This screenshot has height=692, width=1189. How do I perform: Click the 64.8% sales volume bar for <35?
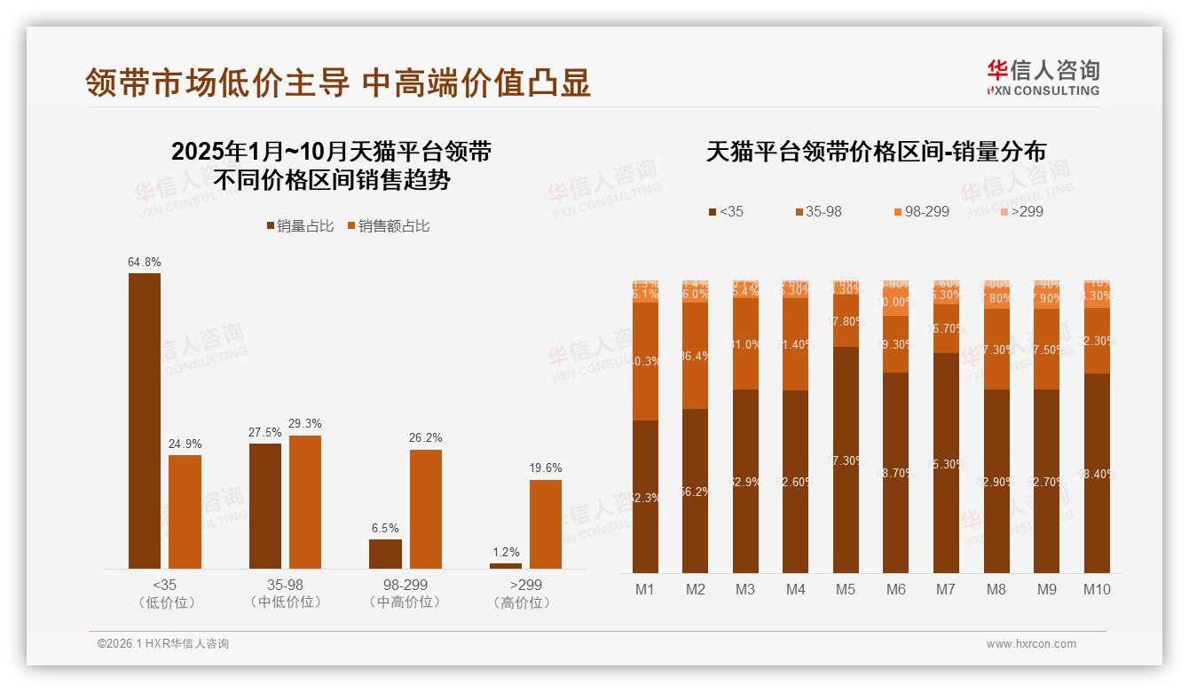tap(145, 421)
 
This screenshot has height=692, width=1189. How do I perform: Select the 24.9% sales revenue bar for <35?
tap(185, 512)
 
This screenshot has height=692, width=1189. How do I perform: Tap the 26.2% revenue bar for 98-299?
tap(425, 509)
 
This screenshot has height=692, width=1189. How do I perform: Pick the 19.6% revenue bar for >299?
tap(546, 524)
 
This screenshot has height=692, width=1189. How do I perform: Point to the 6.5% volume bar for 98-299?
tap(385, 554)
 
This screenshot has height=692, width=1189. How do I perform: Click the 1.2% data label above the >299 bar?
tap(505, 552)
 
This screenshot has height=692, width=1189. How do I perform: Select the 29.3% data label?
tap(305, 423)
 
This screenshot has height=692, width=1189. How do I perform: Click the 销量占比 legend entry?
tap(300, 226)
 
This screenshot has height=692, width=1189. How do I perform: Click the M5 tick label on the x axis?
tap(846, 589)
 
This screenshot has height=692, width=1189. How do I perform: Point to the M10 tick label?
tap(1097, 589)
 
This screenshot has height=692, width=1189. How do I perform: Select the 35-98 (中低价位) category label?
tap(285, 594)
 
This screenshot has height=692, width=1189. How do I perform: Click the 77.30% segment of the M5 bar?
tap(846, 460)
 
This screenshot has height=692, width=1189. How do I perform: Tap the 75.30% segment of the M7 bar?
tap(946, 462)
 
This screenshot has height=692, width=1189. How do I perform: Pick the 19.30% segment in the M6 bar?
tap(896, 344)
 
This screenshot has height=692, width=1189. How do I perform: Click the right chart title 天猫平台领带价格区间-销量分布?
tap(876, 152)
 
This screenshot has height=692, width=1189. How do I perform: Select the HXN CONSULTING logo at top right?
tap(1043, 77)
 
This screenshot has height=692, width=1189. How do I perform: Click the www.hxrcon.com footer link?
tap(1031, 644)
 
